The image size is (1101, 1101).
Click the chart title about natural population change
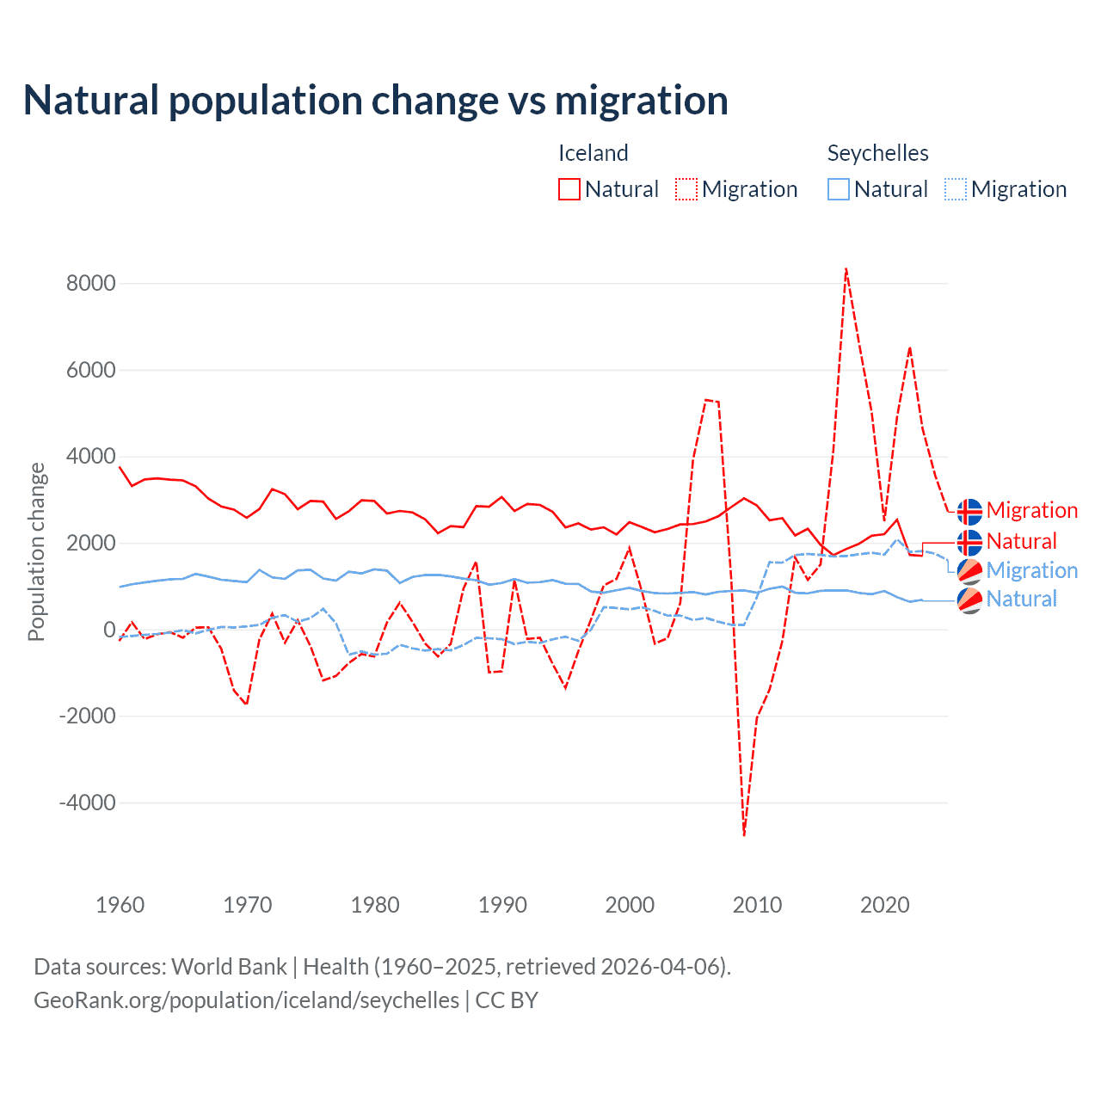coord(376,101)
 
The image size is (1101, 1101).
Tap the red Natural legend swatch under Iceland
coord(569,189)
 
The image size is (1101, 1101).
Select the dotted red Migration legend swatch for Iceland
coord(686,189)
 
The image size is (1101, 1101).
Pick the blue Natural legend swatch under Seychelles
coord(839,189)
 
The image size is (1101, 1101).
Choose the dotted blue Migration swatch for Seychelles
coord(956,189)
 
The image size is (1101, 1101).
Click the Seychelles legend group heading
coord(877,153)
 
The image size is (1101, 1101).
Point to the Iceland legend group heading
coord(593,153)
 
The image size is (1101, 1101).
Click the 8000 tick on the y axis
coord(91,284)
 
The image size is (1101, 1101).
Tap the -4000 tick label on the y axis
coord(88,803)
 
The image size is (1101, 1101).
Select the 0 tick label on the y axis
coord(109,630)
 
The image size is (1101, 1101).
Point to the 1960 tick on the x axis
coord(120,905)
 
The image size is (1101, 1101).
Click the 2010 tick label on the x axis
coord(758,905)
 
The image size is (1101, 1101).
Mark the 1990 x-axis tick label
coord(503,905)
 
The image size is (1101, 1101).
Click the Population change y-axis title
coord(36,551)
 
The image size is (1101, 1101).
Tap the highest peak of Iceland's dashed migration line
coord(846,269)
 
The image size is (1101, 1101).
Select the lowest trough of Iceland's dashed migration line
coord(744,834)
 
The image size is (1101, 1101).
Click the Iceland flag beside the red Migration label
coord(969,511)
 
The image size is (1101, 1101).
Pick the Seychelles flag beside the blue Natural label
coord(969,600)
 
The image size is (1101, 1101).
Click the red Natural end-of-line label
coord(1021,541)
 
